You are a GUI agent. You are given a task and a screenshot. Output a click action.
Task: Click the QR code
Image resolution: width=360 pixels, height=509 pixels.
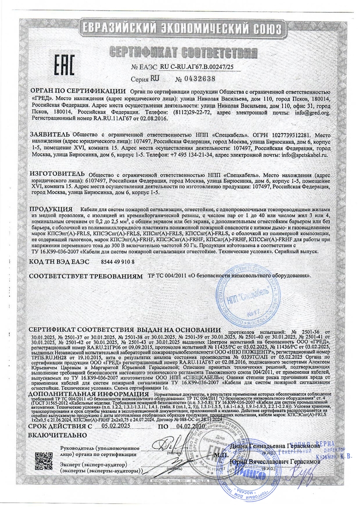44,462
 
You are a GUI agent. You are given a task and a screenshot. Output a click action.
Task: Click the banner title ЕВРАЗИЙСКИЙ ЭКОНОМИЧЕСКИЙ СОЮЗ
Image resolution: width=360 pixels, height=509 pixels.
180,28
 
